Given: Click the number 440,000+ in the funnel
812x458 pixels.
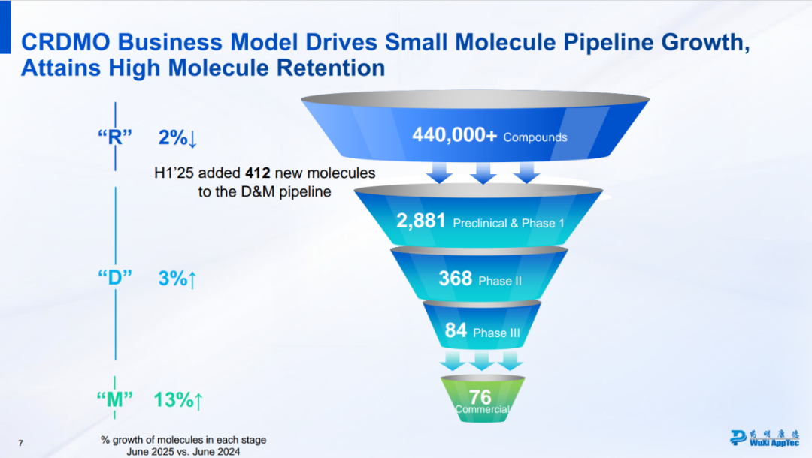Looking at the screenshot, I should coord(454,135).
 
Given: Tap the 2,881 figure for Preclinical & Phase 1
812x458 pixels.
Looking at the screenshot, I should coord(422,221).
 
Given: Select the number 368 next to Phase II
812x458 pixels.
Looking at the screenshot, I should coord(456,279).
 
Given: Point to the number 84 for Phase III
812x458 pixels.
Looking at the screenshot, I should coord(456,330).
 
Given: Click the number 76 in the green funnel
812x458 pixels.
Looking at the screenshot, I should coord(480,396).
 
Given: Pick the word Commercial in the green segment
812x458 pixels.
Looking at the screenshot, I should coord(482,410).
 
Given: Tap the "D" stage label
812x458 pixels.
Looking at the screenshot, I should coord(115,277).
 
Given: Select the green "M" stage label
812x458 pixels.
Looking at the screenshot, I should coord(115,399).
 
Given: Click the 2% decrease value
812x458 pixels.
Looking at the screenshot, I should coord(177,138).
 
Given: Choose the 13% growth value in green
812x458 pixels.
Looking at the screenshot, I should coord(178,400).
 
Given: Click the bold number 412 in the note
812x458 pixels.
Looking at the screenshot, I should coord(259,174).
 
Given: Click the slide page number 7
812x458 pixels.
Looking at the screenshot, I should coord(21,444).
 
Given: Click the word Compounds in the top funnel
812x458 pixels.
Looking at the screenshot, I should coord(535,137).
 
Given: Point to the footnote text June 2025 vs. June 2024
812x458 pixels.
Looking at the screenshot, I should coord(183,451).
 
